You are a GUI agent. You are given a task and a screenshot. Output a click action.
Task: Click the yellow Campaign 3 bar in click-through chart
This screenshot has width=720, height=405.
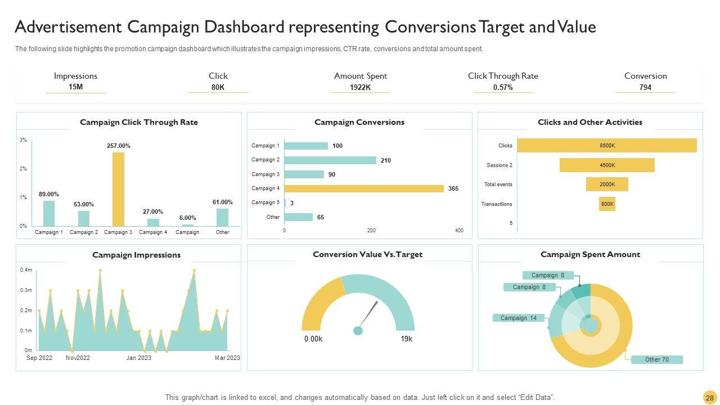coord(118,189)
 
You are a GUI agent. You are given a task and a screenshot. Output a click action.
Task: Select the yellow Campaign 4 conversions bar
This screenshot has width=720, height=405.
coord(364,188)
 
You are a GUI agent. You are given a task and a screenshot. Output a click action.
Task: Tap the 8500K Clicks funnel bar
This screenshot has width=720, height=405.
coord(607,146)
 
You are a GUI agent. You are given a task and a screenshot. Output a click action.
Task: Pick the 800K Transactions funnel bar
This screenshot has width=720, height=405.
coord(607,204)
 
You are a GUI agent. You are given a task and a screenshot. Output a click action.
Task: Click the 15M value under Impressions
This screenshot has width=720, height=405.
coord(75,87)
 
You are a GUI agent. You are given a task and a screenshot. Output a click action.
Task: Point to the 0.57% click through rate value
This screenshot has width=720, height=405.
coord(503,87)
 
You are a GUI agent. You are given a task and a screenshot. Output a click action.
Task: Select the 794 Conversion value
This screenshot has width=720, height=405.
coord(645,87)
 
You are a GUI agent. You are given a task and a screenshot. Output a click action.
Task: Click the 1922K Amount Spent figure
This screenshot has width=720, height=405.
coord(360,87)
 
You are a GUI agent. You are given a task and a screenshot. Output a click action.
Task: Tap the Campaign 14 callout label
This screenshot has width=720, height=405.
coord(519,318)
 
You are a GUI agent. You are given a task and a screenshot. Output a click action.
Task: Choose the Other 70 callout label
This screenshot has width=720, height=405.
coord(656,359)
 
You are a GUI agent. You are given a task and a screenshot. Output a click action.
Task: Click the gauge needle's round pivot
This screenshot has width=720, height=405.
coord(358,331)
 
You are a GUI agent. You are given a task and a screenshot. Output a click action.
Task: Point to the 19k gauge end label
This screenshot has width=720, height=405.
coord(406,339)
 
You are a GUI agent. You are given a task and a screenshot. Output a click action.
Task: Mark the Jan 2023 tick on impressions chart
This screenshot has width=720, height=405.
coord(138,358)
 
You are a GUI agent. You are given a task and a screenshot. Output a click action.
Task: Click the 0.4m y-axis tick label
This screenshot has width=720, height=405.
coord(26,270)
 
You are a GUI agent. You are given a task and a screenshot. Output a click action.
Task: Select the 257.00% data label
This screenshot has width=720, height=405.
coord(118,146)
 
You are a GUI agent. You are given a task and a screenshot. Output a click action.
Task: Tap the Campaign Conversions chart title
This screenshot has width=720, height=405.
coord(359,122)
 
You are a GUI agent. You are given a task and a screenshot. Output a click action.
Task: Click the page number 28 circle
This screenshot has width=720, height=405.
coord(709,398)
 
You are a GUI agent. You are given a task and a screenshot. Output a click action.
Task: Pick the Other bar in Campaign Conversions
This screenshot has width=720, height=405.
coord(299,217)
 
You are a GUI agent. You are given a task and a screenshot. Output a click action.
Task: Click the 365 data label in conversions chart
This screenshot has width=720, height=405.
coord(453,188)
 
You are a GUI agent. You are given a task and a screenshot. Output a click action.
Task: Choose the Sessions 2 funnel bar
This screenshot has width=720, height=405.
coord(607,165)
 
